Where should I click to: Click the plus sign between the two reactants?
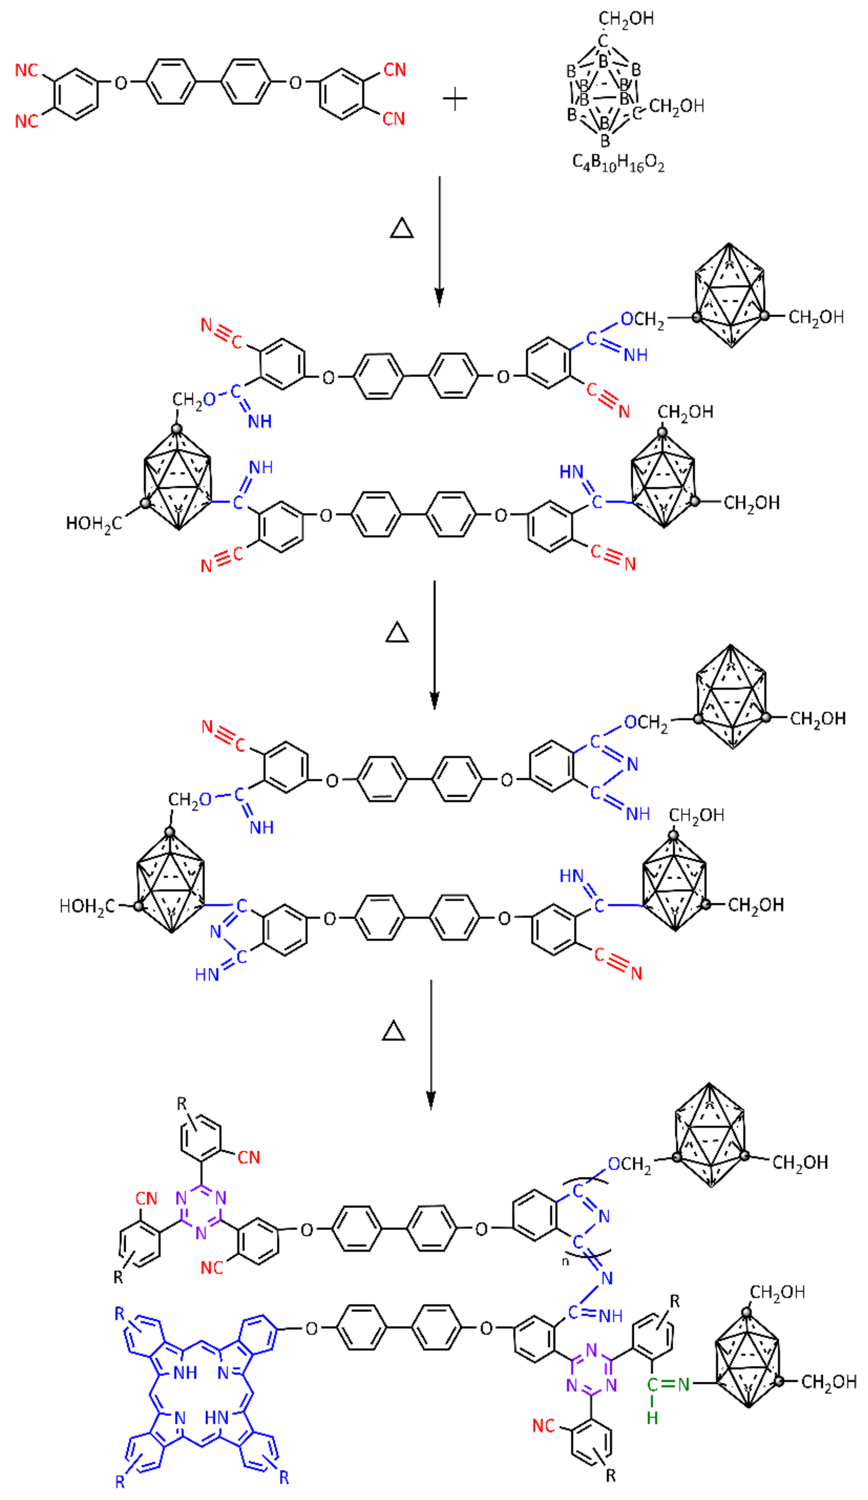[455, 99]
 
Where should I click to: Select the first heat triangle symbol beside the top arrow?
[401, 229]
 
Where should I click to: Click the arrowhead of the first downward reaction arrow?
[439, 298]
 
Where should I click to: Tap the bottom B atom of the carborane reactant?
[605, 141]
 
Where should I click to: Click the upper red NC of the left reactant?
[27, 70]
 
